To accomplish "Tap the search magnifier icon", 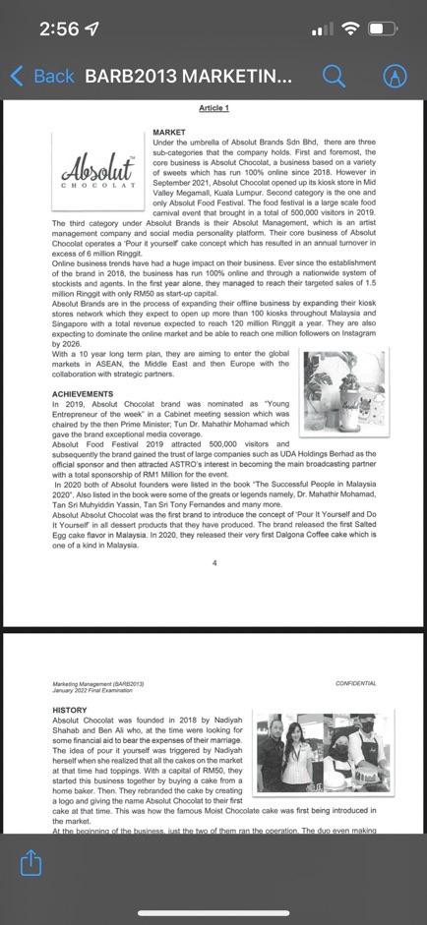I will click(334, 76).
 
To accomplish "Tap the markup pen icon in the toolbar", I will click(395, 76).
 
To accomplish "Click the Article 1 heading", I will click(213, 108).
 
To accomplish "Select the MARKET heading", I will click(169, 133).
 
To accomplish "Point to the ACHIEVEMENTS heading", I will click(84, 393).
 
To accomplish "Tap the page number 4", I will click(213, 563).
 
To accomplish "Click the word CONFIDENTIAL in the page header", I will click(355, 683).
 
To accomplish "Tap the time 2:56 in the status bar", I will click(59, 29).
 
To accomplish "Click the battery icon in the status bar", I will click(382, 29).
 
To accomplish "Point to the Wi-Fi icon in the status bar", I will click(349, 29).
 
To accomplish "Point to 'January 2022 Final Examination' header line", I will click(90, 690).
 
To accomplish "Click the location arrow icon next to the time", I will click(93, 29).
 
